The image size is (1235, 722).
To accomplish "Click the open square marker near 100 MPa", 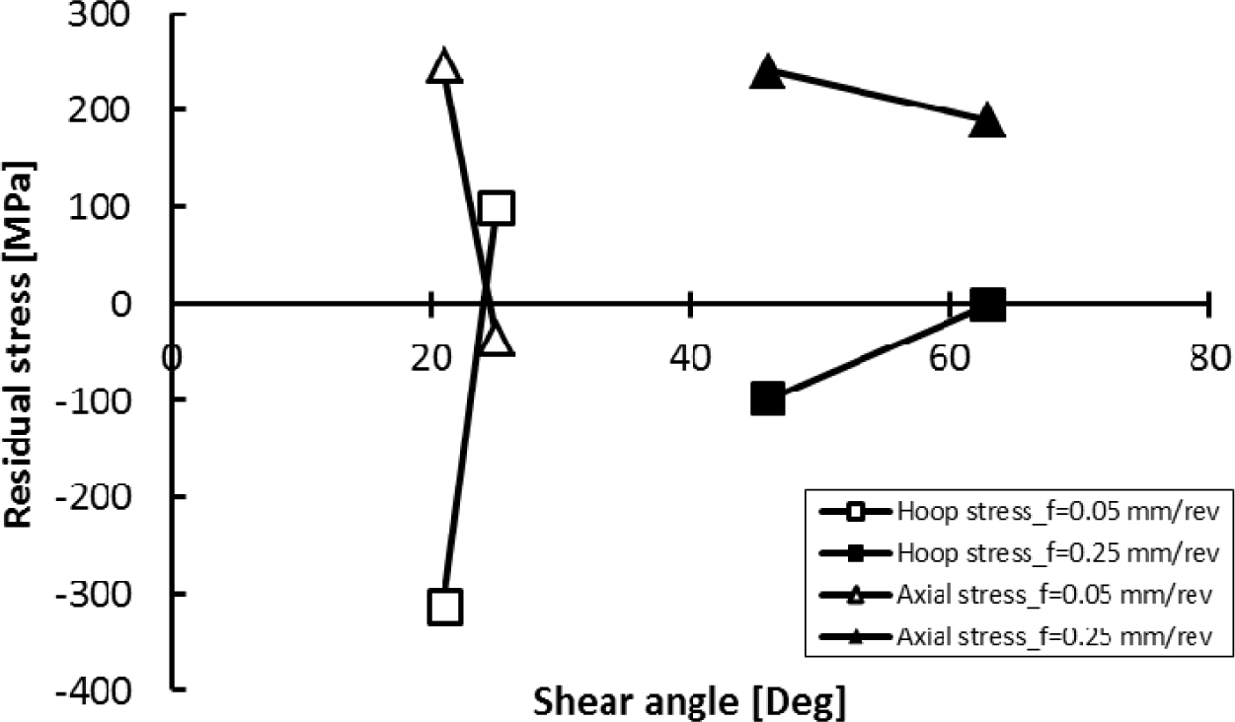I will coord(496,207).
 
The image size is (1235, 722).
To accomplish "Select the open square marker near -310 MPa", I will coord(445,607).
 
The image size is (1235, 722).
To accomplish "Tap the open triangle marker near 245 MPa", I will coord(445,67).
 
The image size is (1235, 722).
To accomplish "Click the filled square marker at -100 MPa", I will coord(768,399).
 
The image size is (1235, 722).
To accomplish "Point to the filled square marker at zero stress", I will coord(988,305).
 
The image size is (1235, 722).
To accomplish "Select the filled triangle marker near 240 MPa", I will coord(768,72).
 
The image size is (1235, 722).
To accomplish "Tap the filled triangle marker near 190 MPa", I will coord(988,121).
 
